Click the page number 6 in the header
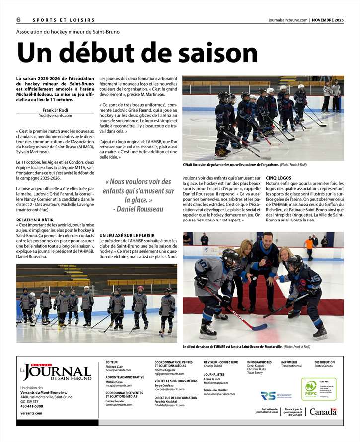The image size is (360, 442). [18, 20]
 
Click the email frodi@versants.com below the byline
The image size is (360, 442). [55, 115]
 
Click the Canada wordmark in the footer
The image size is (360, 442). [323, 412]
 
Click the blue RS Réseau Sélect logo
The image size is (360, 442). [268, 396]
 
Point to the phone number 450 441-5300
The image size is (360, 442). [32, 406]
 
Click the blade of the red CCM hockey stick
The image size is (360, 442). [259, 326]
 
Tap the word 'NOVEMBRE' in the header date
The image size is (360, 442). [328, 20]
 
